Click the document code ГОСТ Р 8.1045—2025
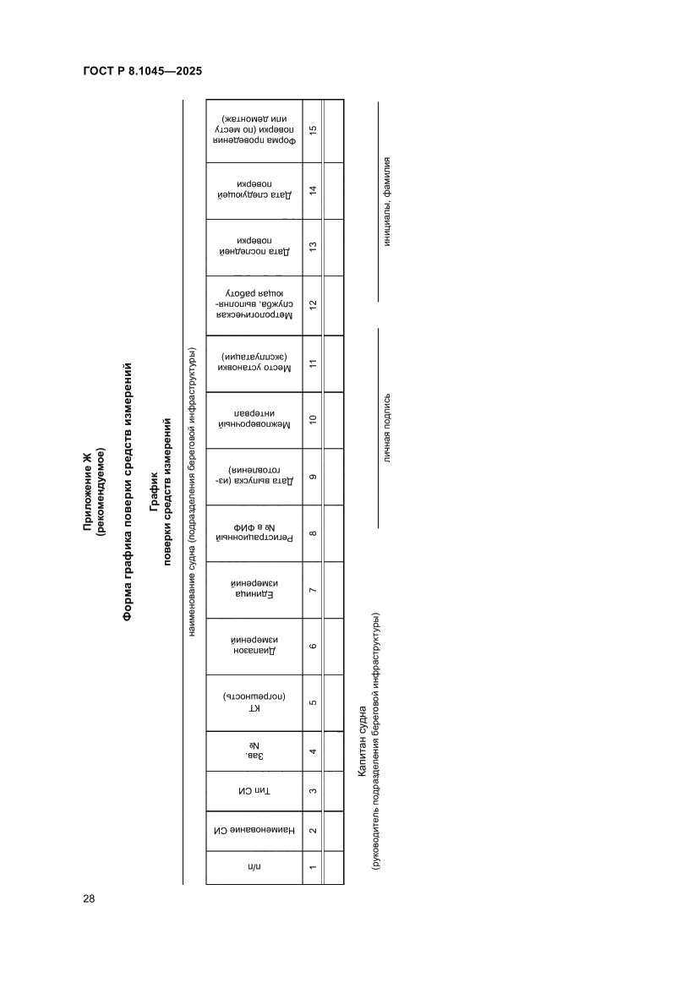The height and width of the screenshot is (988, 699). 142,72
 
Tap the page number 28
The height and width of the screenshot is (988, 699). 89,898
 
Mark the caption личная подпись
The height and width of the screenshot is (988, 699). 388,428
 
